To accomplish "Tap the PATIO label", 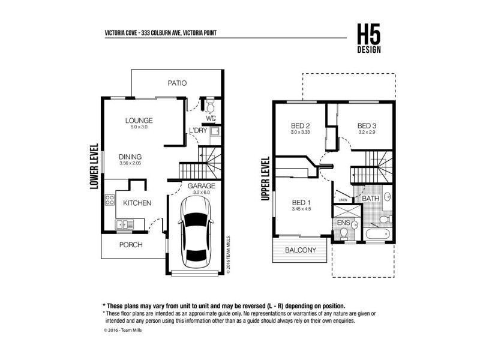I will click(x=177, y=83).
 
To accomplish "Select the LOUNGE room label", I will click(x=139, y=120).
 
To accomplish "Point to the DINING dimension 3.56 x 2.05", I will click(x=130, y=163).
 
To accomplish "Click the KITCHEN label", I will click(x=137, y=203).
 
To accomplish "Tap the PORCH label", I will click(x=130, y=245).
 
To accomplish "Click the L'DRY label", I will click(x=198, y=131).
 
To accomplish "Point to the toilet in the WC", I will click(x=211, y=107).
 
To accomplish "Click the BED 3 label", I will click(x=366, y=125).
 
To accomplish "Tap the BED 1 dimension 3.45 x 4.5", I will click(x=301, y=209).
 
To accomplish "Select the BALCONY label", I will click(x=301, y=250).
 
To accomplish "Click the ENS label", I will click(x=343, y=223).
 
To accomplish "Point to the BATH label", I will click(x=370, y=198).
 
